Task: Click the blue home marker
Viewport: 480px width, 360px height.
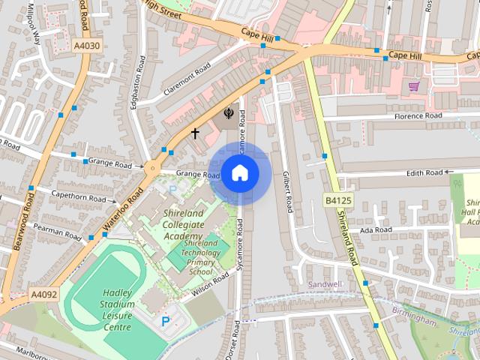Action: click(x=239, y=173)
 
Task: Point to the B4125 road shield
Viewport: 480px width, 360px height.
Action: click(x=339, y=200)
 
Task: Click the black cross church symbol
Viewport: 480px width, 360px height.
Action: click(x=195, y=133)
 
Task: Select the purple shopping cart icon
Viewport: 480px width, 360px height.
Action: click(x=413, y=86)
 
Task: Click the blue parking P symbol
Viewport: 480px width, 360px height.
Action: click(x=165, y=321)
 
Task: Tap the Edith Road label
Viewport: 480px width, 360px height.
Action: click(x=424, y=172)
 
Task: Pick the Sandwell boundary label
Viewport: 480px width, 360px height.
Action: click(x=325, y=284)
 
